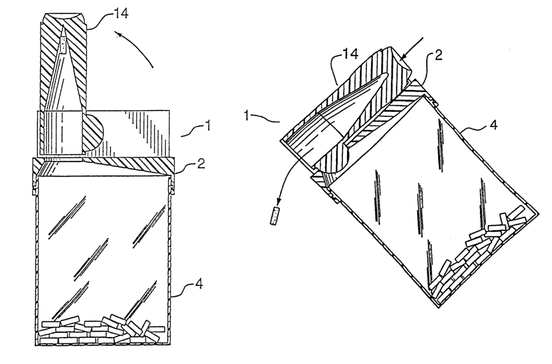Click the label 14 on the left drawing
(120, 13)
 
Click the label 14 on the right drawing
(350, 53)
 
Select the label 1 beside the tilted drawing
(248, 115)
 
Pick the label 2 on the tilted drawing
(438, 55)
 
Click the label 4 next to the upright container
(199, 284)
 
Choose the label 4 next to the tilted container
(494, 124)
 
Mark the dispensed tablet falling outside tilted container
(274, 216)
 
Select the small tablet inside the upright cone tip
(63, 41)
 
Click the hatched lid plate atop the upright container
(104, 166)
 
